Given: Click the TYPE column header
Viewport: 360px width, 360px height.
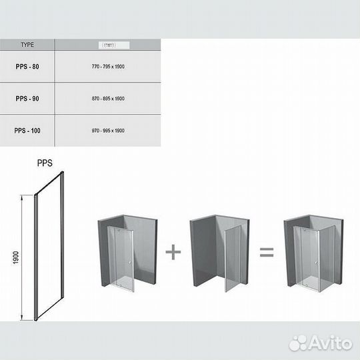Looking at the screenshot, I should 28,45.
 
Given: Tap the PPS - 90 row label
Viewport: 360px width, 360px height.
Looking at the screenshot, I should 28,98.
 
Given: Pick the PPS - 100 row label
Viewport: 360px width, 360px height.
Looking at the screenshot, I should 28,131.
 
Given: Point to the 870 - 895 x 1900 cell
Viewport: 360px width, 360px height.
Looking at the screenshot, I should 108,98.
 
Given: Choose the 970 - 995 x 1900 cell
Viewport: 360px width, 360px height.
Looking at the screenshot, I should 108,131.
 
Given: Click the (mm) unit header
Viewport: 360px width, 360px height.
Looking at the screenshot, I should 108,45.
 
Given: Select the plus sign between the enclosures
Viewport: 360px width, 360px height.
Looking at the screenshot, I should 173,252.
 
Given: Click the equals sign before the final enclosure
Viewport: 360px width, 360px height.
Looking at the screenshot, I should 267,252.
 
